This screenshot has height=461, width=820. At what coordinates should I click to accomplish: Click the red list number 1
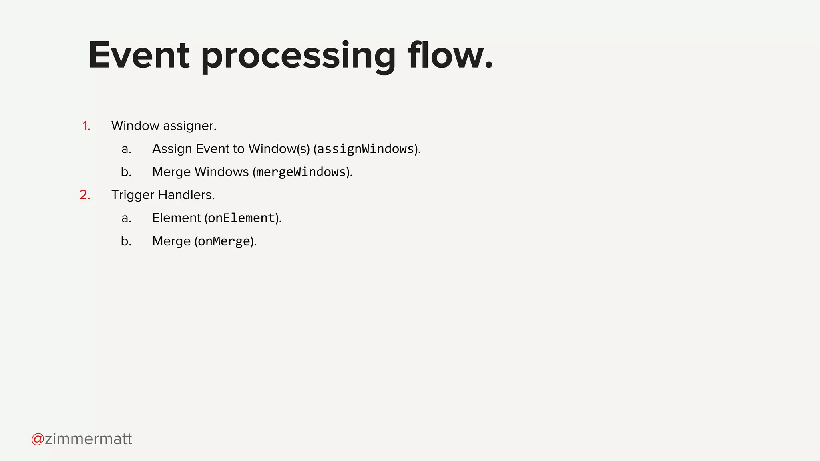click(x=86, y=126)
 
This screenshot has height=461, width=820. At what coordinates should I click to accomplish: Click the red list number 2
click(x=85, y=195)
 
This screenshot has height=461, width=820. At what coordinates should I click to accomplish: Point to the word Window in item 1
click(x=135, y=126)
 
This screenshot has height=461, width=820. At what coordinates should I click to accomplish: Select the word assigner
click(x=189, y=126)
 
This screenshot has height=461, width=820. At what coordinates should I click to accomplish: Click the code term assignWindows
click(x=365, y=149)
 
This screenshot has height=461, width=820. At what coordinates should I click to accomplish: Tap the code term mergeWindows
click(x=301, y=172)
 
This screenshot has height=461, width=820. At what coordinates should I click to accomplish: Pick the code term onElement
click(x=241, y=218)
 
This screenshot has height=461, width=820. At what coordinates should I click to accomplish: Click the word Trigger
click(x=133, y=195)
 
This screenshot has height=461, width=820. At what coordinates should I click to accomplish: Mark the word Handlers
click(x=186, y=195)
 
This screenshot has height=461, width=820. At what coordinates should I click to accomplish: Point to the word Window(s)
click(x=279, y=149)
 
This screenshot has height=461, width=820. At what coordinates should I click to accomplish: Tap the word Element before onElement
click(x=177, y=218)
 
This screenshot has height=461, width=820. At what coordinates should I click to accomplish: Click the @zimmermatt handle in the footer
click(x=82, y=439)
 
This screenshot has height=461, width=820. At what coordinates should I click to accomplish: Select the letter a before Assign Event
click(x=126, y=149)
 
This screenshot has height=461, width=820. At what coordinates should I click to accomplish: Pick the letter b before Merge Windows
click(x=126, y=172)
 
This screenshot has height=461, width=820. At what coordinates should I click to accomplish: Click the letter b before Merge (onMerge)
click(x=126, y=241)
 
